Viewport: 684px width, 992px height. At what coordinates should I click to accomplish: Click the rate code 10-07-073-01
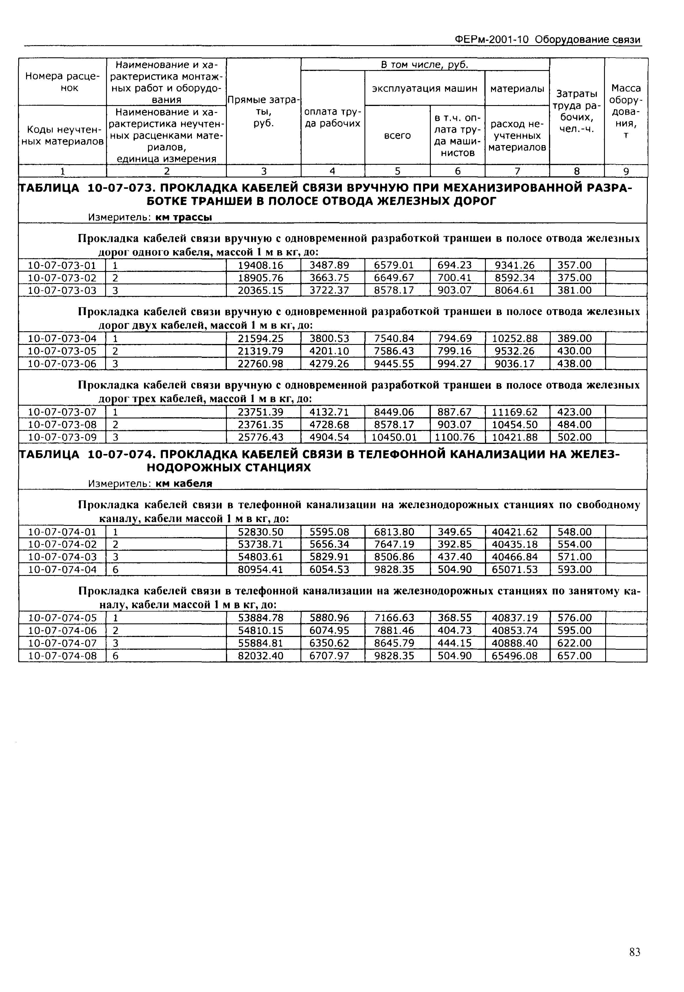click(62, 266)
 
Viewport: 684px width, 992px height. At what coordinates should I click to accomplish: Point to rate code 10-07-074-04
click(62, 570)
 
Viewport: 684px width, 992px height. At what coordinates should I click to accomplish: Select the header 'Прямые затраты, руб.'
click(264, 112)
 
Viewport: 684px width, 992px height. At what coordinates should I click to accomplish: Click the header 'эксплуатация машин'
click(424, 89)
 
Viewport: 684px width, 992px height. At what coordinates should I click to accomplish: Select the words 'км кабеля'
click(184, 484)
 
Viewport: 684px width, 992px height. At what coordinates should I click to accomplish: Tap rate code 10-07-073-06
click(62, 364)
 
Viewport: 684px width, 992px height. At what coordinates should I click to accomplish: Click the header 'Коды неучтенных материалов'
click(62, 135)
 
